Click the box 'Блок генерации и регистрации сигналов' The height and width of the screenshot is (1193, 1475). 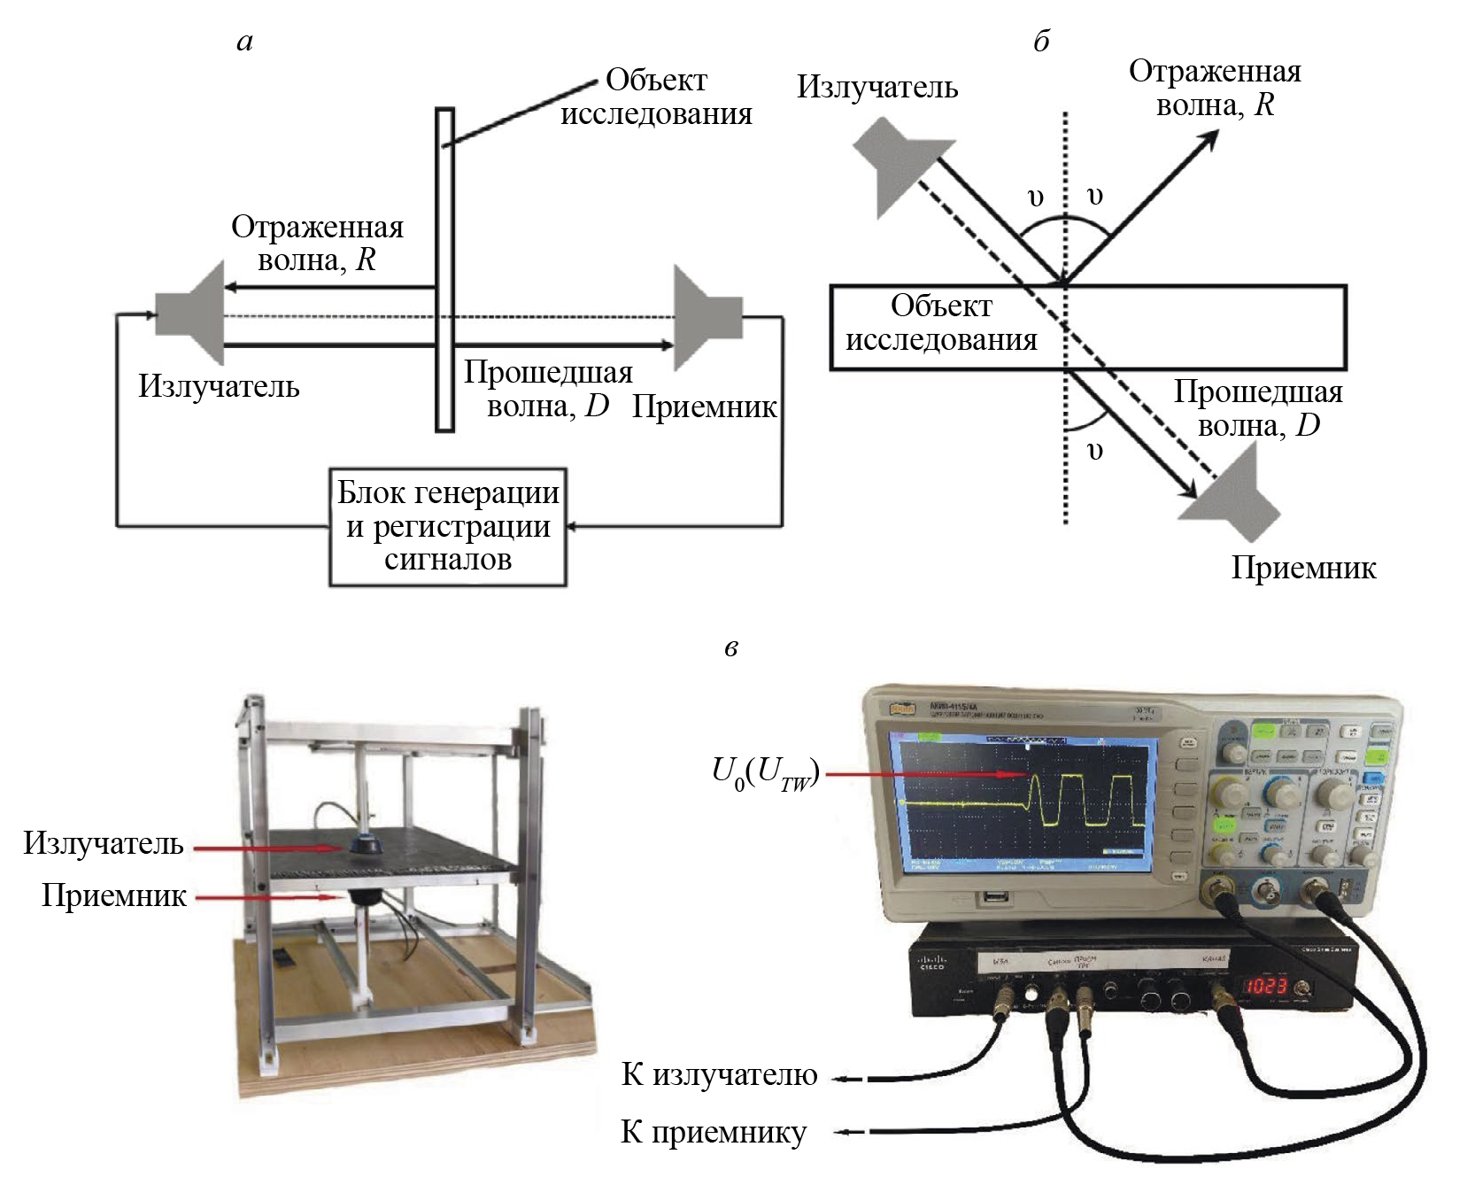click(447, 526)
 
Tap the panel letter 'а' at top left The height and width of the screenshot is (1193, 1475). click(245, 42)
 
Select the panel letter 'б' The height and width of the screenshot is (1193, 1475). click(1041, 42)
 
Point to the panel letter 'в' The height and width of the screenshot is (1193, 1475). click(730, 647)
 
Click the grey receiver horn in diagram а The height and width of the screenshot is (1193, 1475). click(705, 316)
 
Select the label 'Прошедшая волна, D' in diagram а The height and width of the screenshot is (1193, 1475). click(548, 388)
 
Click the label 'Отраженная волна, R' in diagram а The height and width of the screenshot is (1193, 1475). click(317, 243)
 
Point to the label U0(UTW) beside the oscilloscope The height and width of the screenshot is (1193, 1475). click(765, 772)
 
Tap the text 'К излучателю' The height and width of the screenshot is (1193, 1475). click(719, 1073)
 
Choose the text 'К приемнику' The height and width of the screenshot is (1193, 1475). click(714, 1132)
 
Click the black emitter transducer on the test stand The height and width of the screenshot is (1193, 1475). click(364, 843)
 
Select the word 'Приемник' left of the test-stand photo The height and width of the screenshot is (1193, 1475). click(114, 895)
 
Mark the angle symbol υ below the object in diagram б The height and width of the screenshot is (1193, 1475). click(1095, 451)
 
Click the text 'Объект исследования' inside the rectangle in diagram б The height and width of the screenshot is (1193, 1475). click(941, 322)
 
